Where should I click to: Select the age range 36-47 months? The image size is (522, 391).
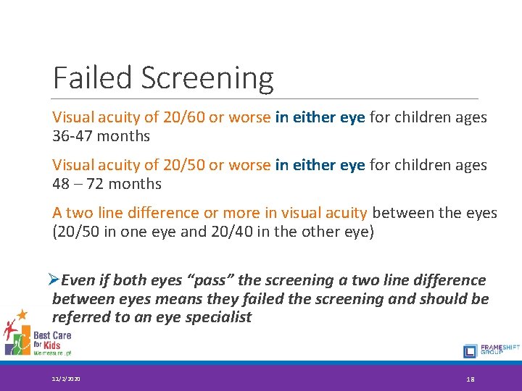coord(101,136)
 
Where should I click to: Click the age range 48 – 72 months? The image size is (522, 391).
coord(107,184)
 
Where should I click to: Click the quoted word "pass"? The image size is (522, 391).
coord(217,280)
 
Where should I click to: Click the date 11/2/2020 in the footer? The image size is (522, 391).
coord(67,378)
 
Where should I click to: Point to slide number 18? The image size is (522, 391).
coord(472,378)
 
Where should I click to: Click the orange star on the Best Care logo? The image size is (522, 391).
coord(22,314)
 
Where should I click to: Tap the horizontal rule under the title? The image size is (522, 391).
coord(265,99)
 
